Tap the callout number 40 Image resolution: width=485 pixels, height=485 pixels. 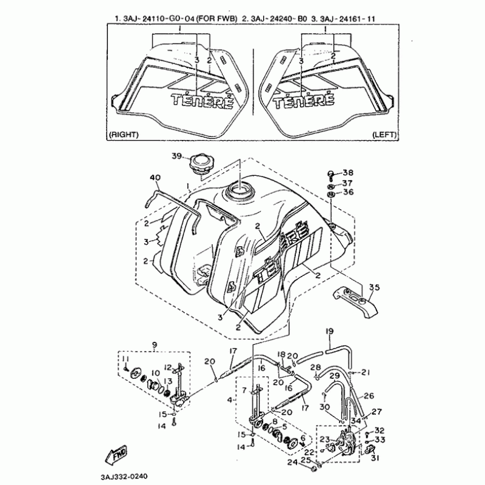(x=156, y=177)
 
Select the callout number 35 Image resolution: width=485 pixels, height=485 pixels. (x=374, y=287)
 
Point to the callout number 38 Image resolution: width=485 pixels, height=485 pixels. (x=347, y=172)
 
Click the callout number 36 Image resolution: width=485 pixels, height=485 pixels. (x=347, y=192)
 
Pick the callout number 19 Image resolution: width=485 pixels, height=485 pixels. (x=330, y=331)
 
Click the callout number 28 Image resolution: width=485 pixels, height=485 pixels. (x=315, y=367)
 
